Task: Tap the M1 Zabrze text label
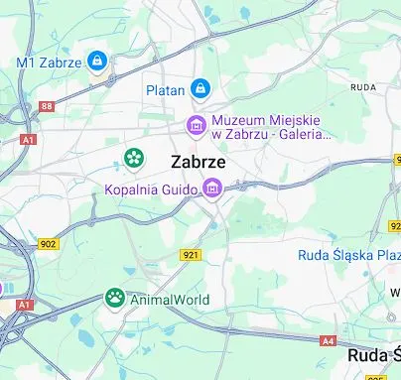point(49,63)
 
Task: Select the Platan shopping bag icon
point(201,89)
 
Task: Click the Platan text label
point(166,90)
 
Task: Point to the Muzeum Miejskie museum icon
point(197,125)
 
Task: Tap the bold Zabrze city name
point(198,162)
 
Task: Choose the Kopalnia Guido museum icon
point(211,188)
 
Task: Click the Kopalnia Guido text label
point(152,188)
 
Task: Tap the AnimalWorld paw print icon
point(115,297)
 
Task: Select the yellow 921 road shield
point(192,255)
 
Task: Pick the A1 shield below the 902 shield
point(25,304)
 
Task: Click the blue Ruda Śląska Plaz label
point(348,255)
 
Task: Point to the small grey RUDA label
point(362,87)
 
